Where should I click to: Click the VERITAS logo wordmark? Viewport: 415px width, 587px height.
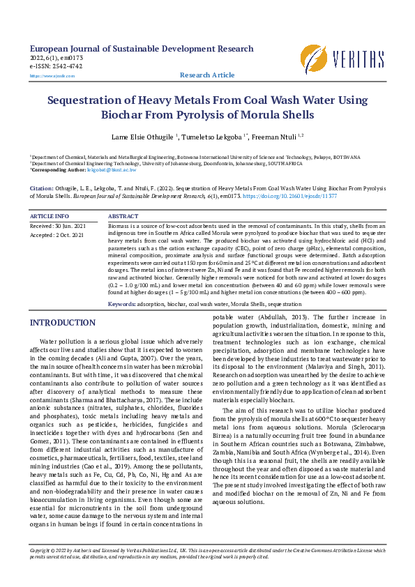point(359,57)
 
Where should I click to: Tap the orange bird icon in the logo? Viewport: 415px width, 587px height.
point(313,57)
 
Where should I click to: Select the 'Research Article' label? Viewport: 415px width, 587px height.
point(207,75)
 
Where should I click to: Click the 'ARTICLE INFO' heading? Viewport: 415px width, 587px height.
point(50,217)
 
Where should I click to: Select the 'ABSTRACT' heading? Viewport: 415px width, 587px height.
point(123,217)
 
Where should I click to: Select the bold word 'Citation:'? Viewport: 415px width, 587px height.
point(41,188)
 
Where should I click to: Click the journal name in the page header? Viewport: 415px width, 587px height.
point(137,49)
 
